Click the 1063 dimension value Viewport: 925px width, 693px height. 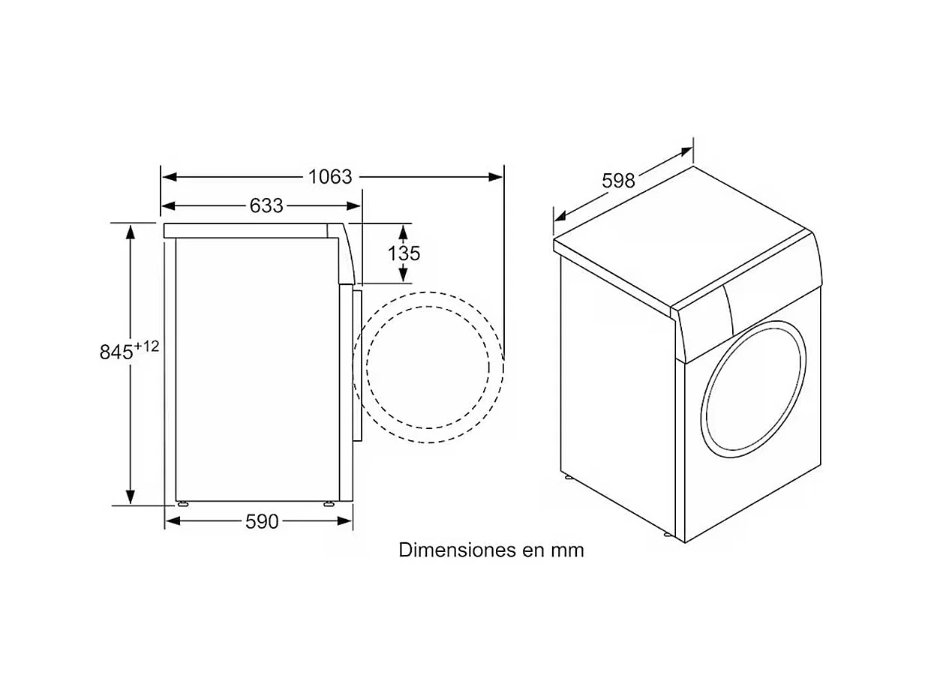tap(330, 177)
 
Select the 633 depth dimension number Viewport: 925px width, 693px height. tap(266, 205)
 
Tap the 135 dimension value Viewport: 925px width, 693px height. tap(404, 253)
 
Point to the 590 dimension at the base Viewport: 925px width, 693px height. tap(262, 521)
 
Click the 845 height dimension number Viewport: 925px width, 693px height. tap(116, 352)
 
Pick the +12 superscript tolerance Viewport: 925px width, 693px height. tap(147, 346)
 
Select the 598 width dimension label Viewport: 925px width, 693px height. tap(618, 181)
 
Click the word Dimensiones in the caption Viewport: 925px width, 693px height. tap(447, 550)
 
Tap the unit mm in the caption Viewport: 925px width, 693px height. tap(567, 550)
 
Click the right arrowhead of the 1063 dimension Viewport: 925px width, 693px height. tap(496, 177)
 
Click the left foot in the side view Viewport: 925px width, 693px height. tap(182, 503)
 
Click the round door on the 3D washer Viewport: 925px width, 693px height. tap(752, 389)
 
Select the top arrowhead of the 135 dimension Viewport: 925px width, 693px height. tap(404, 230)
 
